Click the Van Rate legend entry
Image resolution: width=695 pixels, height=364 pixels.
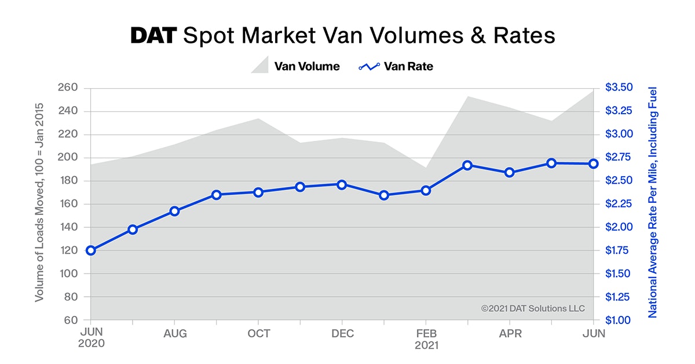coord(396,66)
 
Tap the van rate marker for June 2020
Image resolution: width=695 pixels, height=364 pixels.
coord(90,250)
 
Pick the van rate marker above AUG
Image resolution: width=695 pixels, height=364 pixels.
coord(174,211)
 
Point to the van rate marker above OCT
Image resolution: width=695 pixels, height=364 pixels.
coord(258,192)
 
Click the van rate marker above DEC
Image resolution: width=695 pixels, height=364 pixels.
coord(342,184)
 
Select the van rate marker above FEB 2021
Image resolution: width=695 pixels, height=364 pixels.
coord(426,190)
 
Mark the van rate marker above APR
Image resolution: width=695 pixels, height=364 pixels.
coord(510,172)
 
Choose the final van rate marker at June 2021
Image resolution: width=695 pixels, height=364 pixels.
coord(593,163)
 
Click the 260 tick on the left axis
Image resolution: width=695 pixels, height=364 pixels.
coord(68,88)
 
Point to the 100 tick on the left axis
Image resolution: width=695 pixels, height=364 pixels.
coord(68,274)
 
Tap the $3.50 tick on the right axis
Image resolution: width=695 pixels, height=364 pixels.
coord(619,88)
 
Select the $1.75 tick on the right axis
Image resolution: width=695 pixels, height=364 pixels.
coord(619,250)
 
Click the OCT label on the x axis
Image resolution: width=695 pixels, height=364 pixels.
coord(258,333)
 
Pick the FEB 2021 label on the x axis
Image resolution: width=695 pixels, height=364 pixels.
coord(426,338)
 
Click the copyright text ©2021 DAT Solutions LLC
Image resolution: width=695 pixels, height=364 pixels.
coord(533,308)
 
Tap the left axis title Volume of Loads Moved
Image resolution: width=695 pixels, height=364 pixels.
coord(39,203)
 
